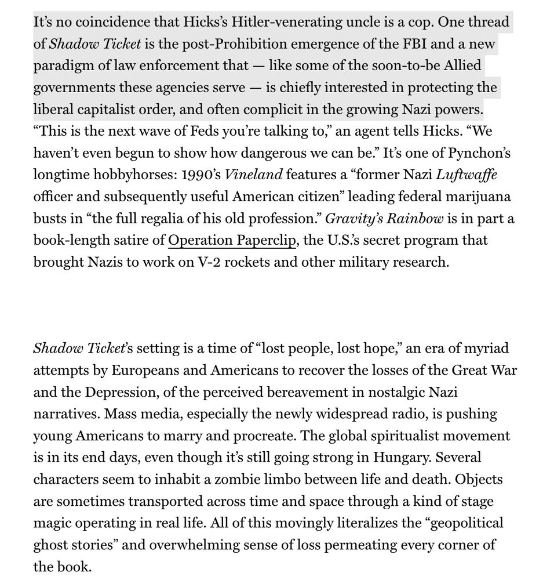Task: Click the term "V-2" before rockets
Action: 203,262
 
